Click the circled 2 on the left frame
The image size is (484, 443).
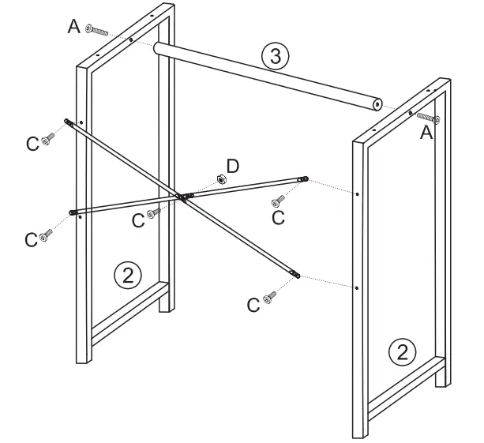tap(128, 276)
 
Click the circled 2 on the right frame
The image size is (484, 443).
tap(403, 351)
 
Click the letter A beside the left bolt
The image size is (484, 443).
tap(73, 27)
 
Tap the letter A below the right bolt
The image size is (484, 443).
tap(426, 134)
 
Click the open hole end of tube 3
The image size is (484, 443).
tap(378, 104)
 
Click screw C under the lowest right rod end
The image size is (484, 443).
tap(271, 298)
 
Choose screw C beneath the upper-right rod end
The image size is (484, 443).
tap(279, 200)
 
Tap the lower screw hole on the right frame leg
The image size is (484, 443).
tap(357, 287)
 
